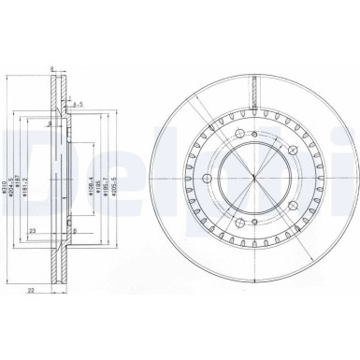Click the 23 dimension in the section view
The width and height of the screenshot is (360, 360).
tap(32, 230)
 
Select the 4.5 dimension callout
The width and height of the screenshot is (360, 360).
tap(81, 104)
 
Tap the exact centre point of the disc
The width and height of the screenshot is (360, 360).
tap(253, 179)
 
